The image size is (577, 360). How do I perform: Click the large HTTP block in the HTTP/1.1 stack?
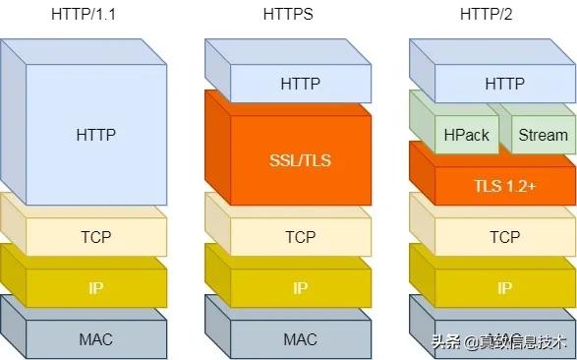(x=95, y=133)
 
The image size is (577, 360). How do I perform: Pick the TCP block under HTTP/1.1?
(x=95, y=237)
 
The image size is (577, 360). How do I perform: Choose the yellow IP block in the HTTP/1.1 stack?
(x=95, y=288)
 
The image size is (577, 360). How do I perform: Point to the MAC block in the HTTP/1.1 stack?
(x=95, y=339)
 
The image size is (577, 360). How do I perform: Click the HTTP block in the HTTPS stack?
(x=300, y=84)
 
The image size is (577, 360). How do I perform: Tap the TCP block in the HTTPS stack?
(x=300, y=237)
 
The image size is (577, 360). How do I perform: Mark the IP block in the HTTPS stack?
(x=300, y=288)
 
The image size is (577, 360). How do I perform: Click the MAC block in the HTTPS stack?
(x=300, y=339)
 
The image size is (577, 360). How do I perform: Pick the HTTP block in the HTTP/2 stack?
(x=504, y=84)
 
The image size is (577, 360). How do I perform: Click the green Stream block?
(x=542, y=135)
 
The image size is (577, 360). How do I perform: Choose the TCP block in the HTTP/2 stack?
(x=504, y=237)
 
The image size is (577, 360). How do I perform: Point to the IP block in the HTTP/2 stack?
(x=504, y=288)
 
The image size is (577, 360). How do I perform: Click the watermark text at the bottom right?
(x=497, y=342)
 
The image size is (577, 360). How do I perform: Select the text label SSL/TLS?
(x=300, y=160)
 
